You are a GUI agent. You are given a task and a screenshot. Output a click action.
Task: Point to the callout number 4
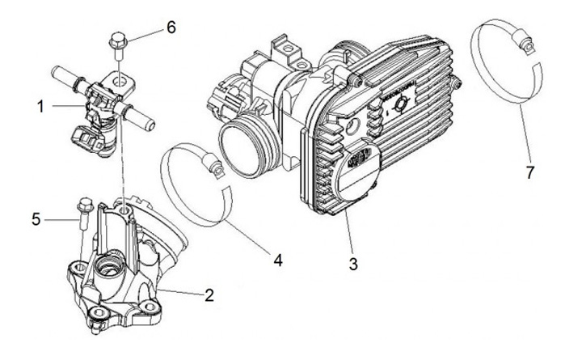click(277, 260)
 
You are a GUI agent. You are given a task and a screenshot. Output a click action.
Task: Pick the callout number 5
click(36, 218)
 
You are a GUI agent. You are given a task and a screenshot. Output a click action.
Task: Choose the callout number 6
click(171, 27)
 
